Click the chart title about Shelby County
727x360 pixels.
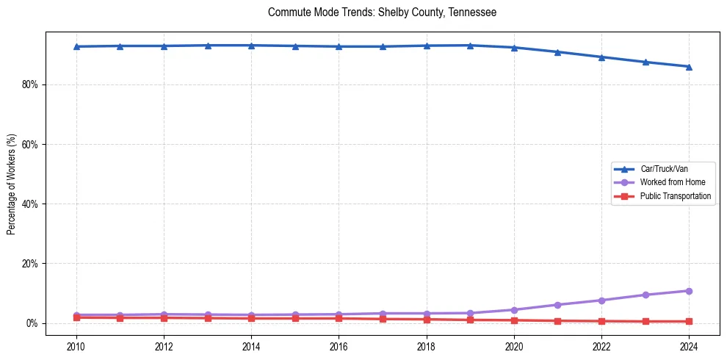point(382,12)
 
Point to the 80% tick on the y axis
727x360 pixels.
point(29,84)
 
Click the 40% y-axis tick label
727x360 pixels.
point(29,204)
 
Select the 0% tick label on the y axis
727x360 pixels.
point(32,323)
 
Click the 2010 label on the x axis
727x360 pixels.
point(76,346)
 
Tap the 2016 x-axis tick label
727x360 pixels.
point(339,346)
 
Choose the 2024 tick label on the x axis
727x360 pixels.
point(689,346)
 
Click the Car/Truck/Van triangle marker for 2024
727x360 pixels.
point(689,67)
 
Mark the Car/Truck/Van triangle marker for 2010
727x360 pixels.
point(76,46)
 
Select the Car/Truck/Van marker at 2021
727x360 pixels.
point(557,52)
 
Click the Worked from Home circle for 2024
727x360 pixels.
point(689,291)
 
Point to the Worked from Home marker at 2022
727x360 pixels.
point(601,300)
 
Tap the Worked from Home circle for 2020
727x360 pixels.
point(514,310)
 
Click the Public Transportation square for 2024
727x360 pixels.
point(689,321)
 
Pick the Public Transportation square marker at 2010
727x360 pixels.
point(76,317)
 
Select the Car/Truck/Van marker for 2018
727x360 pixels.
point(427,46)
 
